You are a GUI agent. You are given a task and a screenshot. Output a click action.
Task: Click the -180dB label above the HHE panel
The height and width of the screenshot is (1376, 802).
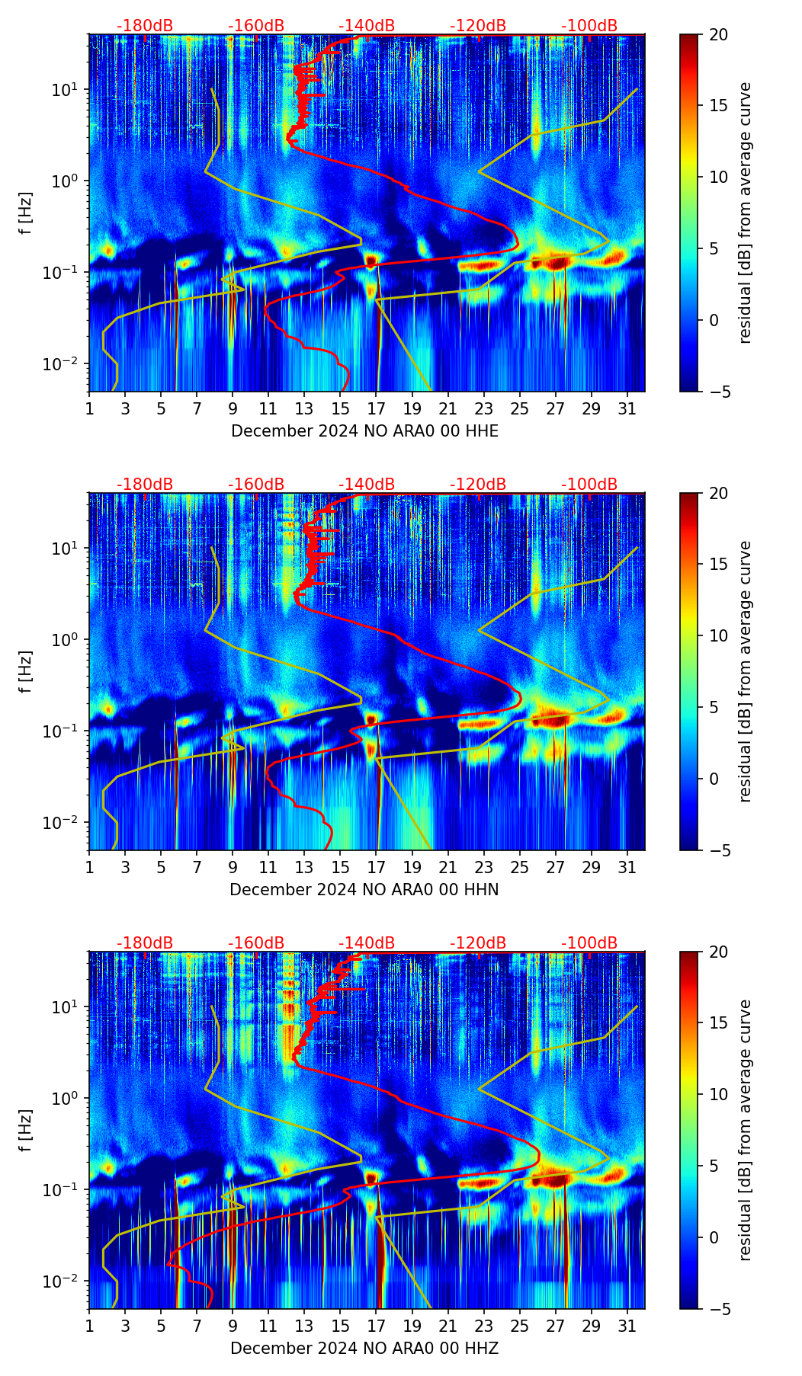[x=145, y=26]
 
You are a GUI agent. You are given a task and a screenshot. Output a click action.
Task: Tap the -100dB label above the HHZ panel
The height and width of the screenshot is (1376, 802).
[x=589, y=943]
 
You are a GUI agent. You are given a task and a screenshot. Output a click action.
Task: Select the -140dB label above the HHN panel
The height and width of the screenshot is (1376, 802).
[x=367, y=485]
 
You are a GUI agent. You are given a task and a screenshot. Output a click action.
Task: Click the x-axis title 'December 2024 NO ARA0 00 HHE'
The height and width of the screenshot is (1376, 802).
[x=364, y=431]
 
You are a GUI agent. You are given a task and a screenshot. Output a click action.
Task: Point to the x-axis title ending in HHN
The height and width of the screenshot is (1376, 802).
[x=364, y=890]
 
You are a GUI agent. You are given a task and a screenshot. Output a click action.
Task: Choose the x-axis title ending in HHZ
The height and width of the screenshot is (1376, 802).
[x=364, y=1349]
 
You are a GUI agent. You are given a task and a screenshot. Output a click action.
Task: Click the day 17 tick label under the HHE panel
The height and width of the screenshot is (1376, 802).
[x=377, y=408]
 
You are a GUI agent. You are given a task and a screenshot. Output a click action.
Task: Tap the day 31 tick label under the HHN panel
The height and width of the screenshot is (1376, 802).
[x=627, y=867]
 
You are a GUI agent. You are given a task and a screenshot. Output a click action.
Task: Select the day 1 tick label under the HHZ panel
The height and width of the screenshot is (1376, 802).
[x=89, y=1326]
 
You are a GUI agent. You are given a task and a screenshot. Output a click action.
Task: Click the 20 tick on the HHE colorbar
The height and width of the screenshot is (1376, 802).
[x=718, y=34]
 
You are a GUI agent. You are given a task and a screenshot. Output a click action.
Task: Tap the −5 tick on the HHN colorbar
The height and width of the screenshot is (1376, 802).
[x=717, y=850]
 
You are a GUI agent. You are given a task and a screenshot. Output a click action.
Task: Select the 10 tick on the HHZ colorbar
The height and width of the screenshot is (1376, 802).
[x=718, y=1094]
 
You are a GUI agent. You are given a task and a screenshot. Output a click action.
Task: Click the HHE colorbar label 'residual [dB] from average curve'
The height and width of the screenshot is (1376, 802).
[x=746, y=213]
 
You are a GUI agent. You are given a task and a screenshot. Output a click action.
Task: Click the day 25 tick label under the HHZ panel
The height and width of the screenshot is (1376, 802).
[x=520, y=1326]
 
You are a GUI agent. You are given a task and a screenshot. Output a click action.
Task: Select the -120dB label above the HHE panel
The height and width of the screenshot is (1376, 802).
[x=478, y=26]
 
